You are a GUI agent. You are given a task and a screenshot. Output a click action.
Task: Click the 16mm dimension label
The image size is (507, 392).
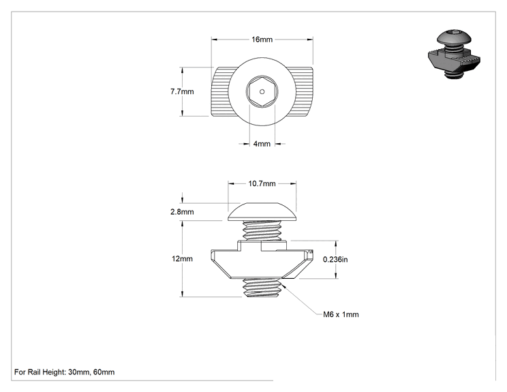click(x=262, y=40)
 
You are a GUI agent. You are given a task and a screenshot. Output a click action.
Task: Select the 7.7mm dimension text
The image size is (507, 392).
click(x=182, y=91)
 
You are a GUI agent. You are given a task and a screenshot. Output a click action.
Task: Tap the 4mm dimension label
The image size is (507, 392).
click(x=262, y=144)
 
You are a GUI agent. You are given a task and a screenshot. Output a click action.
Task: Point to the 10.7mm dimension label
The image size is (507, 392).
click(x=262, y=183)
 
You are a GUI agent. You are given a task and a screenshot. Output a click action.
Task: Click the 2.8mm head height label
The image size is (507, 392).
click(x=182, y=212)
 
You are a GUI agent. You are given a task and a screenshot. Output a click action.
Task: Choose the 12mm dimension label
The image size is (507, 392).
click(x=182, y=259)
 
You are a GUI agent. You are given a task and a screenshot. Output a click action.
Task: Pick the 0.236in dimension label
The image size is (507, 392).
click(x=335, y=259)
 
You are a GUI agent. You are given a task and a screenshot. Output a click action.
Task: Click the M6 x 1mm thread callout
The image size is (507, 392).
click(x=341, y=314)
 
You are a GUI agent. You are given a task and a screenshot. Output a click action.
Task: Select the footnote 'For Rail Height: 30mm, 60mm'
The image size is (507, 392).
click(x=64, y=372)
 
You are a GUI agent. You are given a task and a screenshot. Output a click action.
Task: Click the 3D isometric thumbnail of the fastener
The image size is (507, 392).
click(x=454, y=55)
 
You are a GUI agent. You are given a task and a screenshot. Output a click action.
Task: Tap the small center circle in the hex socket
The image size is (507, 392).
click(x=262, y=91)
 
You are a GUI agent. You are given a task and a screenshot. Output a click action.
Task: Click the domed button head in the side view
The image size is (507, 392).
click(x=262, y=212)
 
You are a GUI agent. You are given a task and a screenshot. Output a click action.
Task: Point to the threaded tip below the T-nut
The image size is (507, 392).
click(x=262, y=287)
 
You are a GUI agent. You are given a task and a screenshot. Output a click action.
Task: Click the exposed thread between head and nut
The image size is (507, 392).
click(x=262, y=230)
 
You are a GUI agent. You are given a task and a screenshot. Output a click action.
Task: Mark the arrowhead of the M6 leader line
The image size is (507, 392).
click(x=283, y=286)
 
